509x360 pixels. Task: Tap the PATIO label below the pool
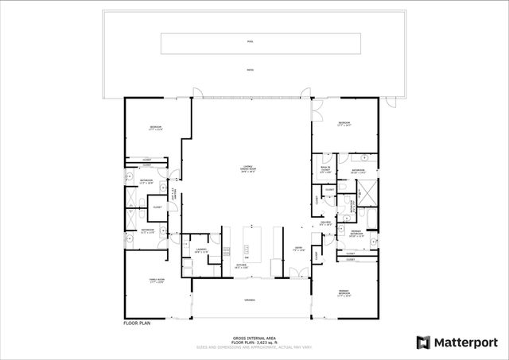(250, 69)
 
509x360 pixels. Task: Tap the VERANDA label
(250, 302)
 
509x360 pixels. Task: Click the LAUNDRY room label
(200, 250)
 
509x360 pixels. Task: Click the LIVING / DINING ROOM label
(249, 169)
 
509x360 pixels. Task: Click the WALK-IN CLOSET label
(326, 168)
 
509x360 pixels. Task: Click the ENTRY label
(298, 250)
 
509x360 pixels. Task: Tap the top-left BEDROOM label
(156, 129)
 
